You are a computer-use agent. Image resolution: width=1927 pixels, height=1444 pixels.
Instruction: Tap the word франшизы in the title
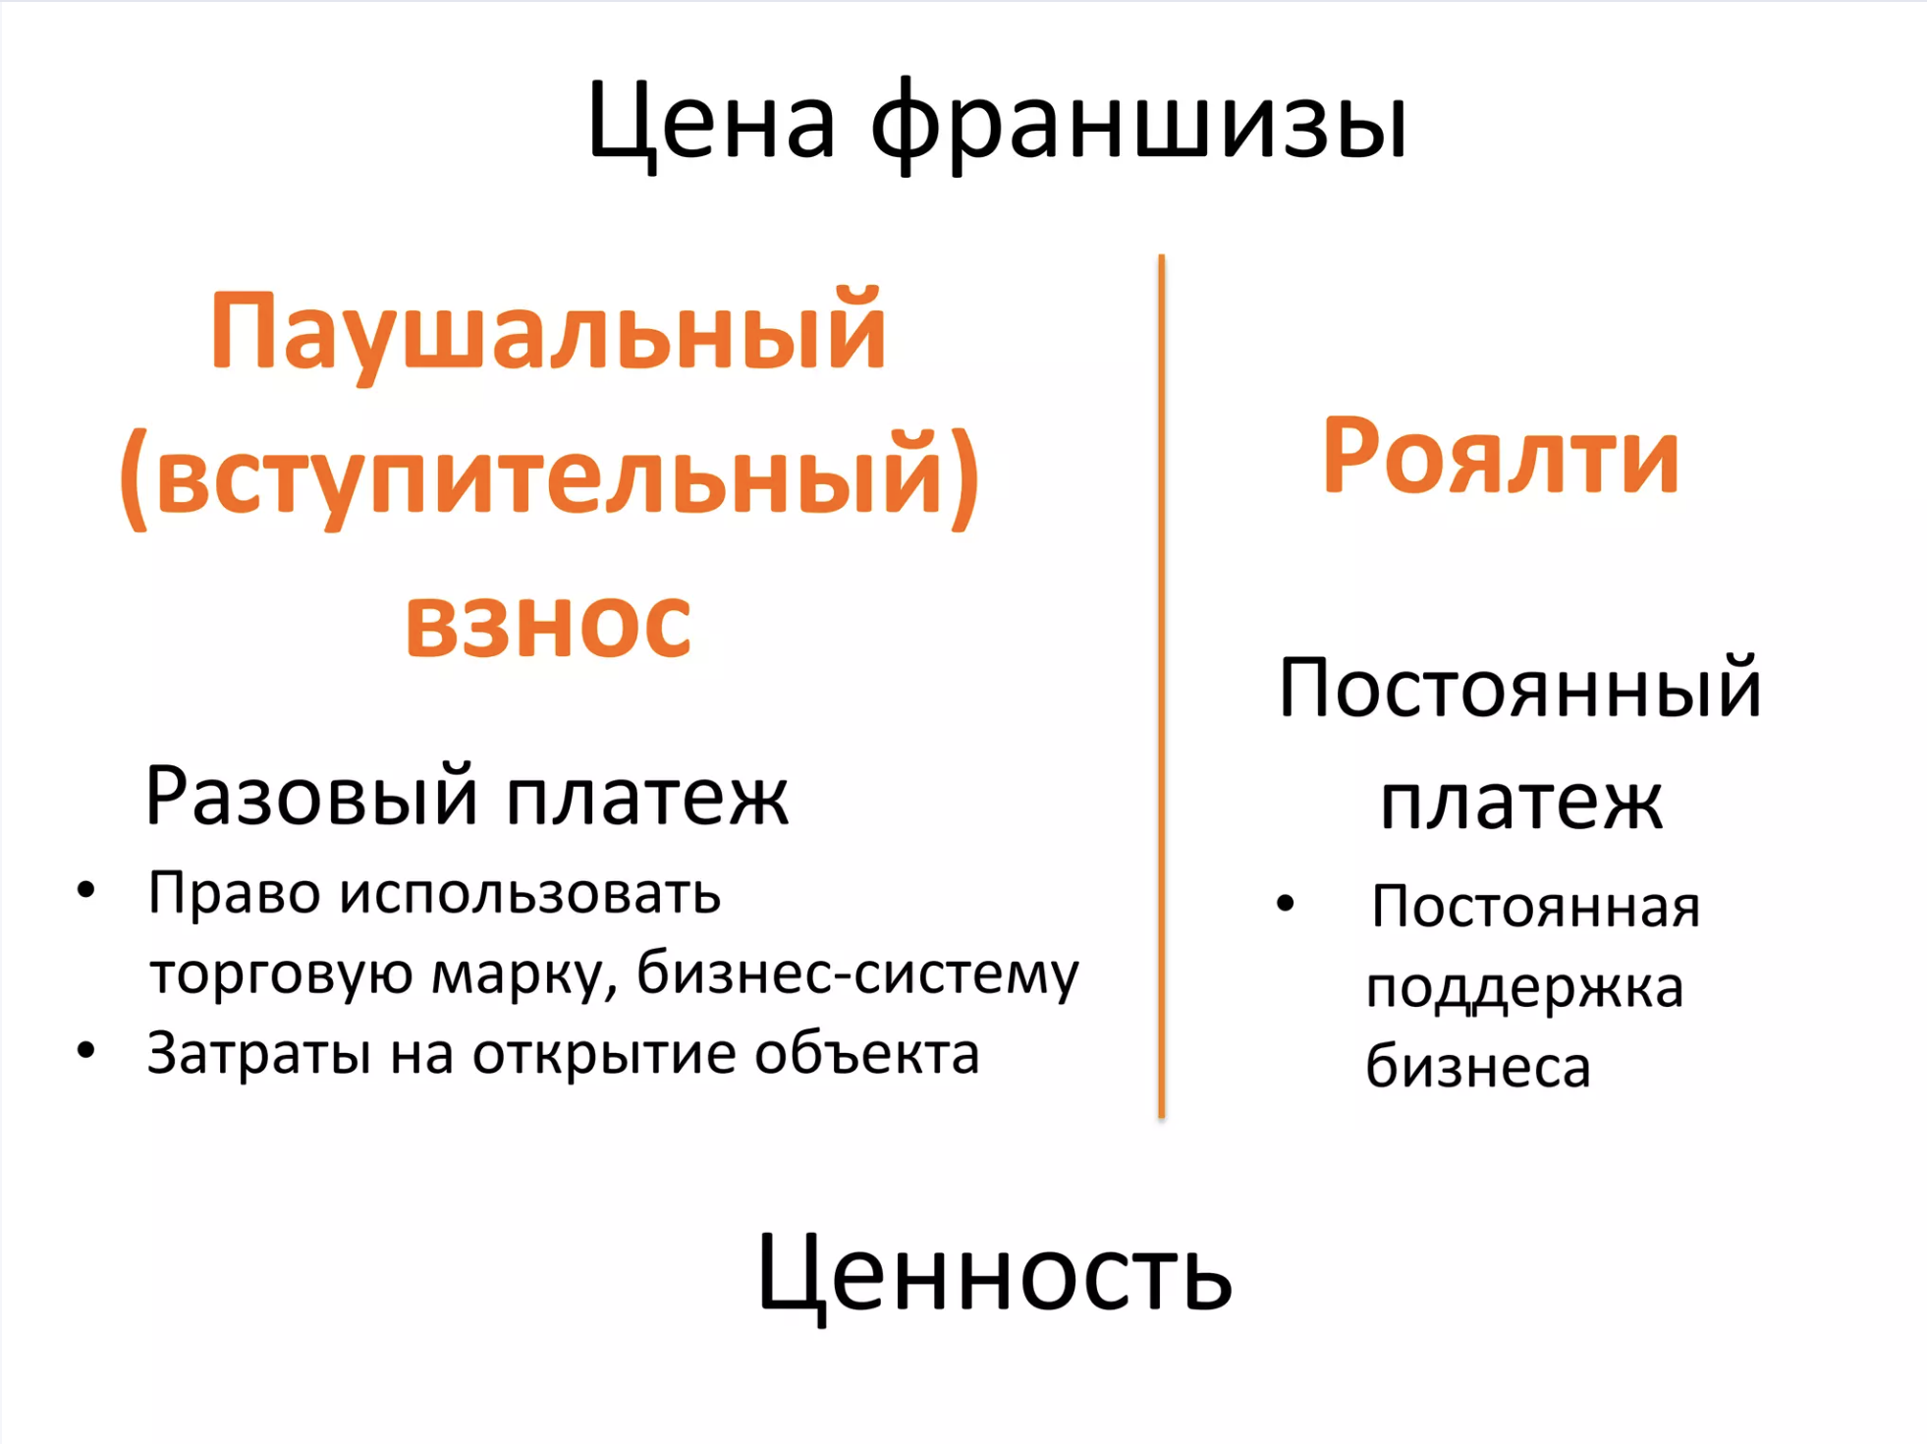(x=1139, y=126)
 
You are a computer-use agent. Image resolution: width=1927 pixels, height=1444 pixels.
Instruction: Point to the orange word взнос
(x=548, y=623)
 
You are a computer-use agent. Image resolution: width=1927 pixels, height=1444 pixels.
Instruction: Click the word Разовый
(x=311, y=796)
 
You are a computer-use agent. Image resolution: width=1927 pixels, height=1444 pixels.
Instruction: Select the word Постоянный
(x=1520, y=688)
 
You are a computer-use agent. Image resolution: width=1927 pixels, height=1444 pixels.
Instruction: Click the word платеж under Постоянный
(x=1521, y=802)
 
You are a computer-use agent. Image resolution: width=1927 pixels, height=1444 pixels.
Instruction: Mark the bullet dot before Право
(x=86, y=890)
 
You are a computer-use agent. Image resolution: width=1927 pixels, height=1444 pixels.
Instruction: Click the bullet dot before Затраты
(x=86, y=1050)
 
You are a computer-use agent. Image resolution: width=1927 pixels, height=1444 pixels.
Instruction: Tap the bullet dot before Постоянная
(x=1286, y=903)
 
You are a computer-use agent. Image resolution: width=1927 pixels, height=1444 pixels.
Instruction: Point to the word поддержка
(x=1524, y=988)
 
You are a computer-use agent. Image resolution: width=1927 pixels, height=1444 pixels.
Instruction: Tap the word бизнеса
(x=1478, y=1067)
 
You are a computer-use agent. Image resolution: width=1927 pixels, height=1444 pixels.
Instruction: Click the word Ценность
(x=994, y=1275)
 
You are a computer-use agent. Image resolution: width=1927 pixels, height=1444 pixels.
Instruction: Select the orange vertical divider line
(x=1162, y=686)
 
